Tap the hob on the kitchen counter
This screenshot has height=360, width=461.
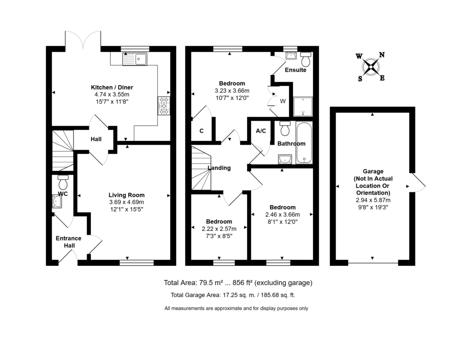(163, 105)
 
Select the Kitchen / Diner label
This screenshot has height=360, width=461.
(112, 87)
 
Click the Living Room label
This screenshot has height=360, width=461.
(127, 195)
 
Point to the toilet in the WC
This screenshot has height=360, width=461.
(63, 182)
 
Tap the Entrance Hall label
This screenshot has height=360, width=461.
(68, 242)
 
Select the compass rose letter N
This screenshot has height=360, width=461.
(382, 55)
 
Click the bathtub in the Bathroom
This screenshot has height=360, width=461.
(304, 143)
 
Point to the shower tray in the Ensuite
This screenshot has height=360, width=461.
(302, 106)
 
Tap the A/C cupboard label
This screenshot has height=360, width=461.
(261, 131)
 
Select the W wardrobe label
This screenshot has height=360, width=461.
(283, 101)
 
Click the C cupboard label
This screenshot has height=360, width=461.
(201, 131)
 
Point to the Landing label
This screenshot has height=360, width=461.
(219, 168)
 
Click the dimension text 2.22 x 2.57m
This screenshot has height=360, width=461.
(219, 229)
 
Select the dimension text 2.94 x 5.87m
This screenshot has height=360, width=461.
(372, 200)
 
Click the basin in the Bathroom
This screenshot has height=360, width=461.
(284, 158)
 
